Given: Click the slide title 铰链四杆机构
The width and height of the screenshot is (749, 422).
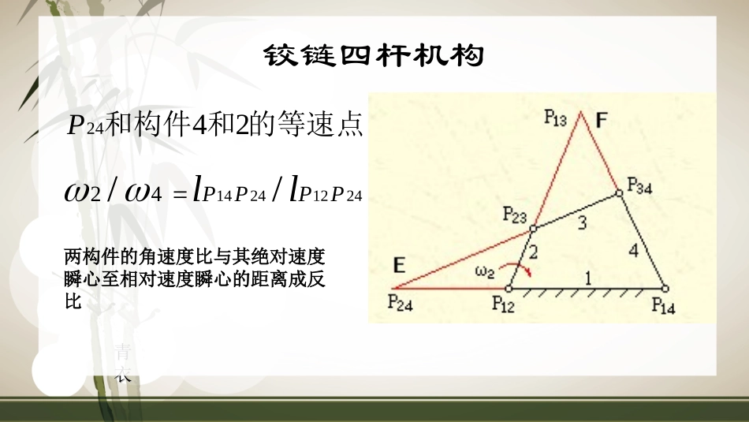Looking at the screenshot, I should coord(374,56).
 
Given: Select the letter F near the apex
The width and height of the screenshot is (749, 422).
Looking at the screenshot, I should coord(602,121).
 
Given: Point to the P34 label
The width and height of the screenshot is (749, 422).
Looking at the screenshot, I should coord(640,185).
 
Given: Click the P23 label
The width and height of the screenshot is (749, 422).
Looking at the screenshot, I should coord(517,215).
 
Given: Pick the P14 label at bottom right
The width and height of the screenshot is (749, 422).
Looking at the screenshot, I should coord(663,306).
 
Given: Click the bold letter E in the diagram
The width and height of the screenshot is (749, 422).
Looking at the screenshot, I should coord(399,267).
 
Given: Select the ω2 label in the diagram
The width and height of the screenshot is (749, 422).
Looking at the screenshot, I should coord(484,272).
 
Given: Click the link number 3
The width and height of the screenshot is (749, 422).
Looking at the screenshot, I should coord(582,223).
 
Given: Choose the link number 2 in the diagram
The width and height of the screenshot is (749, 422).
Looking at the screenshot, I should coord(532,253).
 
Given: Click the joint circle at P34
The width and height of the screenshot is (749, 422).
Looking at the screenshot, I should coord(618,191).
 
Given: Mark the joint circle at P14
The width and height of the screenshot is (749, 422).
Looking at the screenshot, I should coord(665,289).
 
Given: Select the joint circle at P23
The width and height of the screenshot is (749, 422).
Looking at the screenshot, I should coord(532,229).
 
